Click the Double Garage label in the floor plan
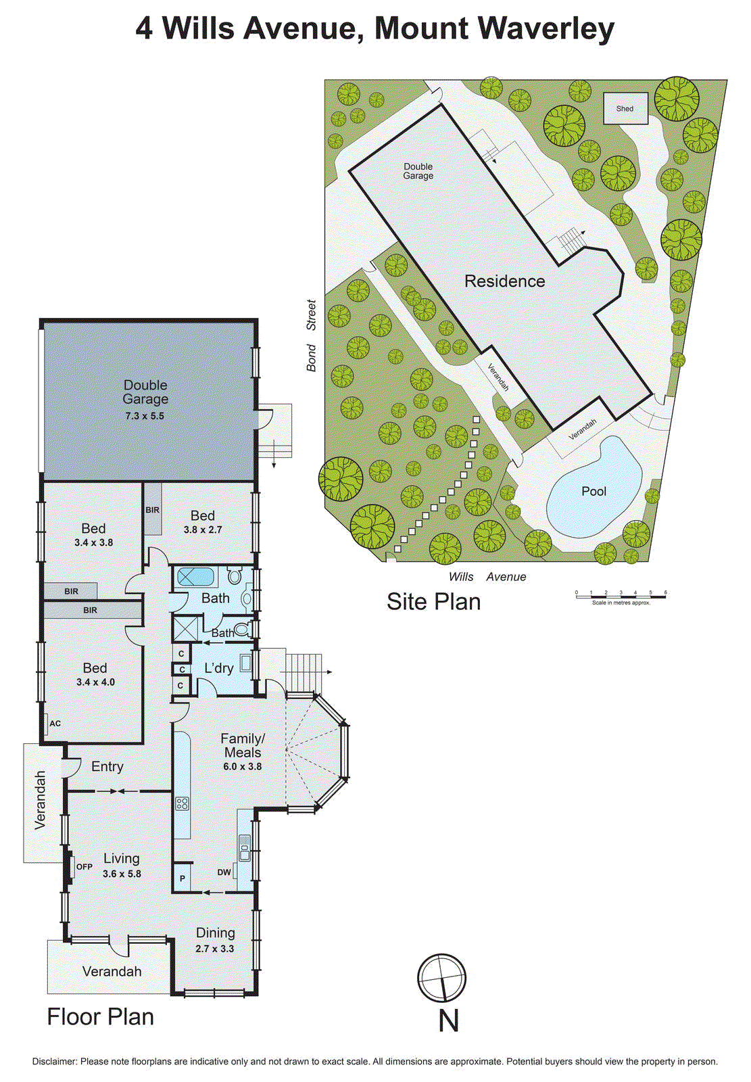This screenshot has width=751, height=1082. click(x=145, y=392)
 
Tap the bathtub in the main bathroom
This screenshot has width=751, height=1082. click(x=195, y=578)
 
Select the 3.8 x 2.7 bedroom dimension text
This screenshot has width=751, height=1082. click(x=203, y=530)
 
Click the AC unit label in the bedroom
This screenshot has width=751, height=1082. click(x=55, y=724)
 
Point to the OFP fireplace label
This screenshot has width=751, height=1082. click(x=84, y=867)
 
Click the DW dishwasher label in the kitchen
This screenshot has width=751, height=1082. click(x=224, y=872)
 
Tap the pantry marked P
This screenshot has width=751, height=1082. click(x=182, y=879)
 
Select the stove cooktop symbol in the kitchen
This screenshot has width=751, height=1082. click(x=182, y=803)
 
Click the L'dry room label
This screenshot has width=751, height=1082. click(x=218, y=668)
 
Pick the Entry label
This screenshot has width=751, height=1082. click(x=107, y=766)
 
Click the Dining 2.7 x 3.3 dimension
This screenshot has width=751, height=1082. click(x=215, y=949)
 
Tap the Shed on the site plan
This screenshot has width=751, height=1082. click(x=625, y=108)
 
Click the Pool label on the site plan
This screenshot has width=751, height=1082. click(x=593, y=492)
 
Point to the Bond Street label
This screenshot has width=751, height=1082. click(x=311, y=335)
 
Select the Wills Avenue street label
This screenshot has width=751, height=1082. click(x=487, y=577)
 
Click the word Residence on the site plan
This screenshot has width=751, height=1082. click(x=504, y=281)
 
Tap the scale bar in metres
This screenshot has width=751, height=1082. click(x=621, y=596)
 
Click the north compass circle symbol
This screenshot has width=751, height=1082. click(x=441, y=978)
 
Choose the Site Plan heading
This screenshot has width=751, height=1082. click(x=433, y=601)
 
